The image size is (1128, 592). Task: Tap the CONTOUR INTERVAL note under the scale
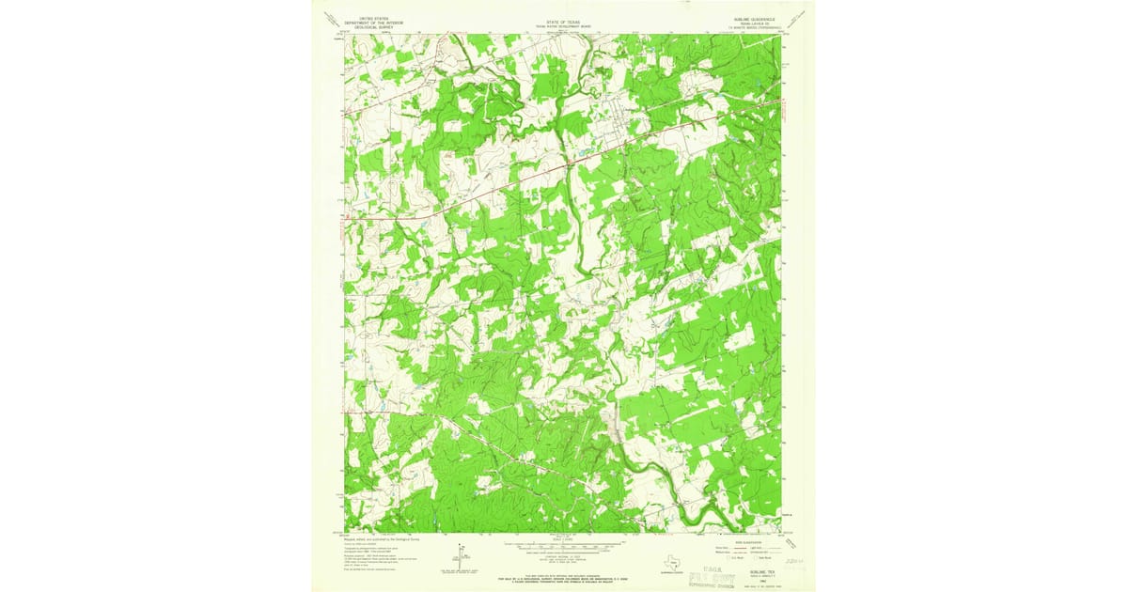(564, 554)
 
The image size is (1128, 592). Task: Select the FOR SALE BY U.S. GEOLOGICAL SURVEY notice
(564, 574)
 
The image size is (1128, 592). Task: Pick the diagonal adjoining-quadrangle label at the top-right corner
(797, 20)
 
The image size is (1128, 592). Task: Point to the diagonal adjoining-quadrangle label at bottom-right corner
(797, 539)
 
